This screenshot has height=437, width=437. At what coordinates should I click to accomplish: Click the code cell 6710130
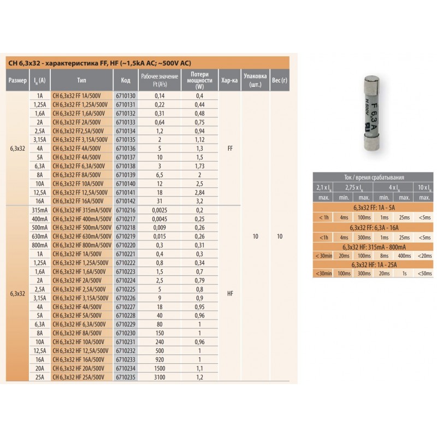126,96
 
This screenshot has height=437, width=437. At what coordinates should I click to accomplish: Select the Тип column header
81,80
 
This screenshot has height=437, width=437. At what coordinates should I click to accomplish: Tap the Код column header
126,80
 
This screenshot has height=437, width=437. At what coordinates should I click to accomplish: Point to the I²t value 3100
160,377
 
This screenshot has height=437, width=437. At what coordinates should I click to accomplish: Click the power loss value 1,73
199,166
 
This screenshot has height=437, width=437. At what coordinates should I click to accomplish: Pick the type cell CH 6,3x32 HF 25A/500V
78,377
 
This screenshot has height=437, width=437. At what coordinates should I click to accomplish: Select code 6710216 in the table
126,210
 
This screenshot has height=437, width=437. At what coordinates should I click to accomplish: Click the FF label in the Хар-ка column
230,149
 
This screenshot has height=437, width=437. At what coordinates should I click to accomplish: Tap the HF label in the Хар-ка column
230,293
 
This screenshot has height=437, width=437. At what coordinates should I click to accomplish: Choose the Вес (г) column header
280,80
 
